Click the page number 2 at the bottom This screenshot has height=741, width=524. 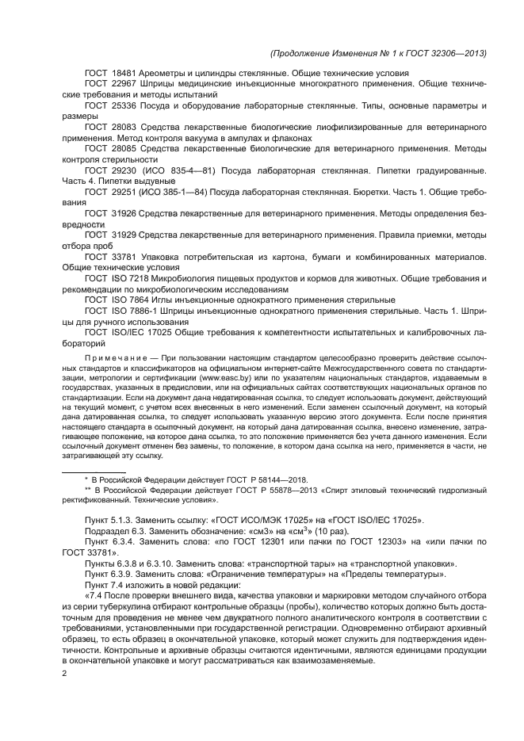(65, 674)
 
